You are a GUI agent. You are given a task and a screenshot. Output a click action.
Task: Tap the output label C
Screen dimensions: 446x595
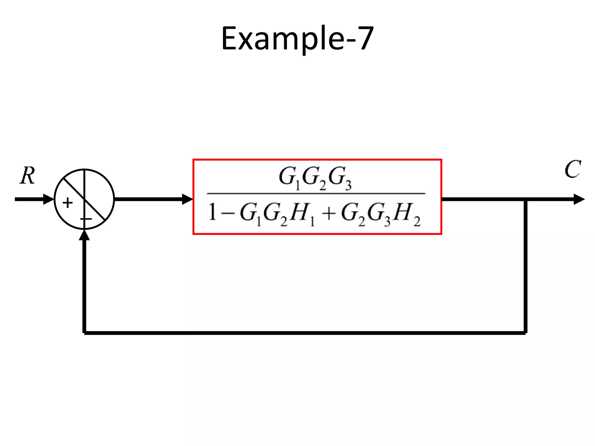click(572, 169)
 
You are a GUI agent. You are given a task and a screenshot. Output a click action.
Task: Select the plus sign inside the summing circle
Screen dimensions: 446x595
click(67, 203)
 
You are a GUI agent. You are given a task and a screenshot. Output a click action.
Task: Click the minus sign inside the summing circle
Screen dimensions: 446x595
click(86, 219)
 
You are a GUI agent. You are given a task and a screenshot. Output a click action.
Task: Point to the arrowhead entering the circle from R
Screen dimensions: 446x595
click(49, 199)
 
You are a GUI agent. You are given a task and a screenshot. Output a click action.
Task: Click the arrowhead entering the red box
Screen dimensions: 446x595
click(187, 199)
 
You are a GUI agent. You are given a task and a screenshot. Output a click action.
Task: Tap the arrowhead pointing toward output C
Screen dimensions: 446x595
click(579, 199)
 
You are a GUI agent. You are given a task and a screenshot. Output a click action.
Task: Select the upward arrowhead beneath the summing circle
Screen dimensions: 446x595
click(84, 235)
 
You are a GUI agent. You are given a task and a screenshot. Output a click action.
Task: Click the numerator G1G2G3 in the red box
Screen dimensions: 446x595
click(315, 178)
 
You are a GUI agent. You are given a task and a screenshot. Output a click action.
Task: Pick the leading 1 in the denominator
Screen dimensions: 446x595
click(212, 213)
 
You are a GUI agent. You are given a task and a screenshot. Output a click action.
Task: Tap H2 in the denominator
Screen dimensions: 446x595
click(407, 214)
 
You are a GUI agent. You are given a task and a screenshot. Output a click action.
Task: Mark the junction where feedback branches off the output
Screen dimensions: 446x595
click(526, 199)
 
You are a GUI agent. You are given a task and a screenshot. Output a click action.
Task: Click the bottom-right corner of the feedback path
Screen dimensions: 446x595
click(526, 333)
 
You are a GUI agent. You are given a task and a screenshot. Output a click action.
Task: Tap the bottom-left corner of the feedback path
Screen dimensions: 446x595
click(84, 333)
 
